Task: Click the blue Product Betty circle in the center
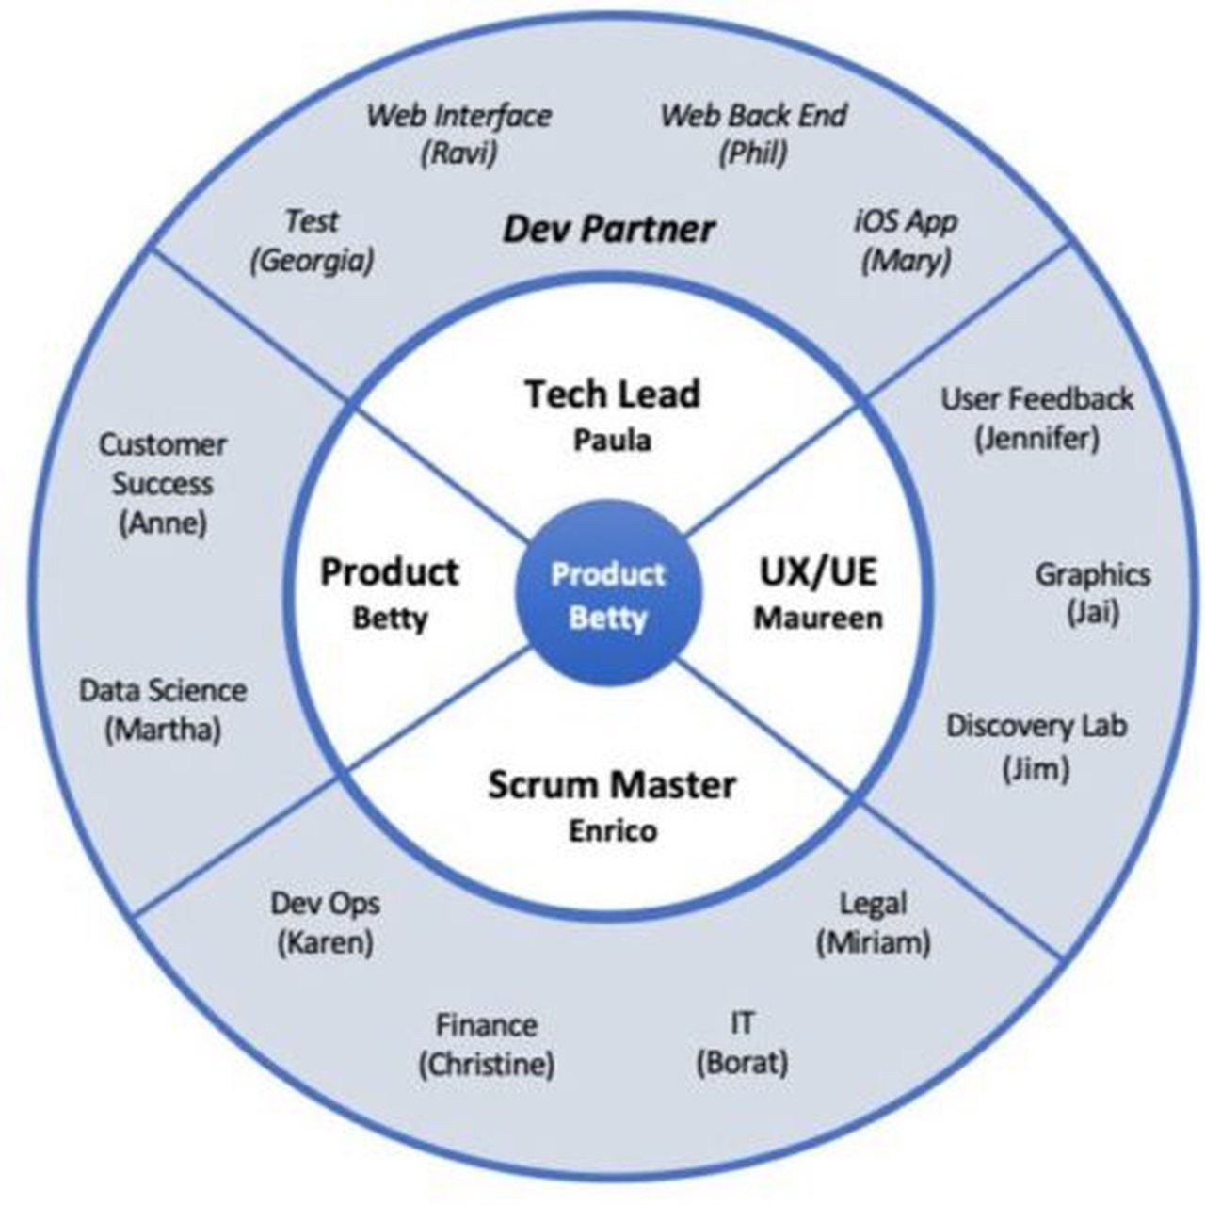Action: [x=608, y=595]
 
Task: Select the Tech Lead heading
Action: [x=612, y=394]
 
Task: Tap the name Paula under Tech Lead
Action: [x=612, y=441]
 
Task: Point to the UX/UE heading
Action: [x=817, y=571]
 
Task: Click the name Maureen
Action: [x=818, y=619]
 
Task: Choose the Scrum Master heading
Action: [x=612, y=784]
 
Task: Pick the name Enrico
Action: [x=612, y=831]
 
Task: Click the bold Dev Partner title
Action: [x=609, y=229]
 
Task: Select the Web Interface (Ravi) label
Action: [x=458, y=134]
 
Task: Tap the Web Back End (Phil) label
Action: [x=753, y=134]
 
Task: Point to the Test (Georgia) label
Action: [x=312, y=241]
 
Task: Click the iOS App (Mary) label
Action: [x=906, y=241]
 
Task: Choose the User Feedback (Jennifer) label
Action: [x=1037, y=418]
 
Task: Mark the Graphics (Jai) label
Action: [x=1093, y=593]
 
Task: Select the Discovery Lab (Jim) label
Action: [x=1036, y=747]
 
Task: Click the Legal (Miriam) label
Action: [x=874, y=923]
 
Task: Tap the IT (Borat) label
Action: [x=742, y=1043]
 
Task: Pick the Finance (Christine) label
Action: [x=486, y=1045]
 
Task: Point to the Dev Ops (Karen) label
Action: [x=326, y=923]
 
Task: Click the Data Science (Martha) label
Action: [x=163, y=710]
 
